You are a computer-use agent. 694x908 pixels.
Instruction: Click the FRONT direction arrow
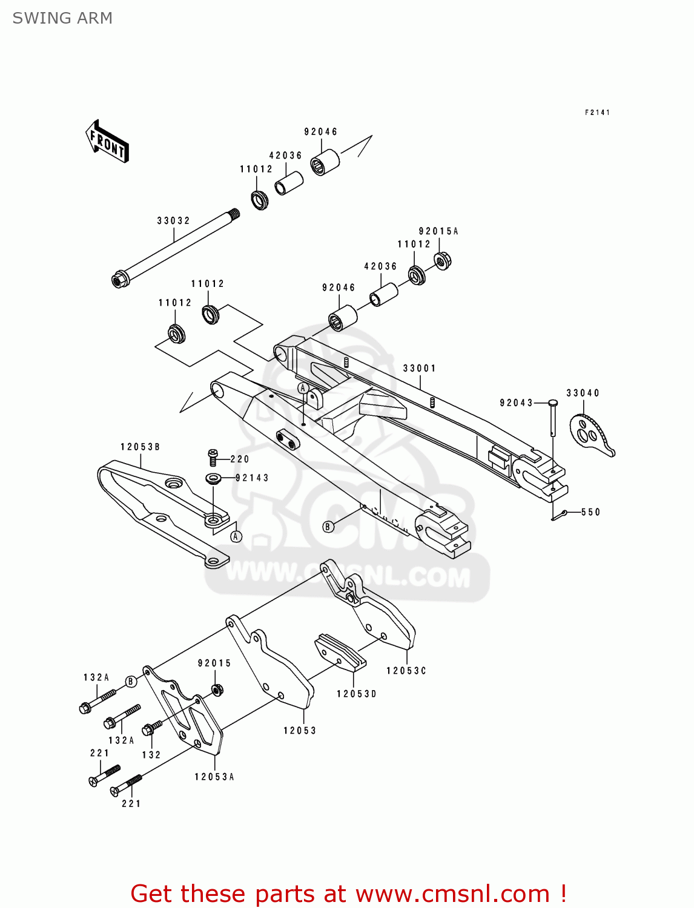(107, 141)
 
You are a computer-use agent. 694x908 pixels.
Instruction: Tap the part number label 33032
(173, 221)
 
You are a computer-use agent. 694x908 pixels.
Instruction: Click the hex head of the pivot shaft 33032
(119, 280)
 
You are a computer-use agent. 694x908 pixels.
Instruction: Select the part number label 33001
(419, 368)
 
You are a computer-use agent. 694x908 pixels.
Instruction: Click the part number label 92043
(516, 403)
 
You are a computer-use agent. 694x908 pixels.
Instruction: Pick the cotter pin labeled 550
(558, 515)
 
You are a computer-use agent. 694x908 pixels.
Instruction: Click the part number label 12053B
(140, 447)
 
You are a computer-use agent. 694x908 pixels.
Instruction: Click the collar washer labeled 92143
(213, 479)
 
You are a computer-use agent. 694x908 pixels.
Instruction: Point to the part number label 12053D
(356, 694)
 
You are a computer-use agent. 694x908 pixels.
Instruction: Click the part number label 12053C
(406, 671)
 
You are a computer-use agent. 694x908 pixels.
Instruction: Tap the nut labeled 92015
(217, 689)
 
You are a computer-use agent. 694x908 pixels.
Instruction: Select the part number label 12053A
(214, 777)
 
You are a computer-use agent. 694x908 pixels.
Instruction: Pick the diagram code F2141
(597, 113)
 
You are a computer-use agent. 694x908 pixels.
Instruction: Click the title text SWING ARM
(62, 18)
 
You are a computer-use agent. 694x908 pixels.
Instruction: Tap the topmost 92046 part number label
(320, 132)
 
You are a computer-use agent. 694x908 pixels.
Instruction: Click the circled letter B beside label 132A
(131, 682)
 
